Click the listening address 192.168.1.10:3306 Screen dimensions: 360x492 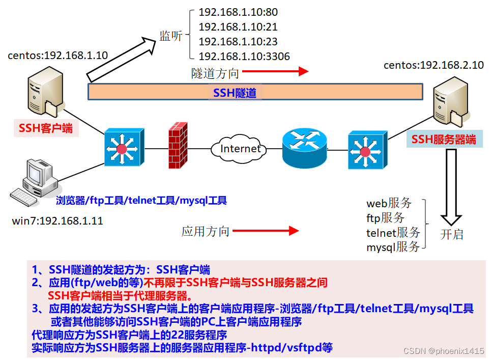[244, 57]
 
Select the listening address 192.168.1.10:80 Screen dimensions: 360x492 [238, 12]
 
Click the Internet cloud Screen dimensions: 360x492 [240, 148]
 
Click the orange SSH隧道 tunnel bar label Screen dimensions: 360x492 [235, 93]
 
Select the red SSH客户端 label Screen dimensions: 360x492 [46, 128]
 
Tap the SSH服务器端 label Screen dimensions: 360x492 [444, 139]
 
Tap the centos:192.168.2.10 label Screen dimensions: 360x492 [433, 65]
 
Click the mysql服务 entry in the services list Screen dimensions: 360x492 [393, 247]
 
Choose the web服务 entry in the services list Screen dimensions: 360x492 [389, 203]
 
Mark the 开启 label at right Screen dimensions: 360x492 [452, 235]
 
